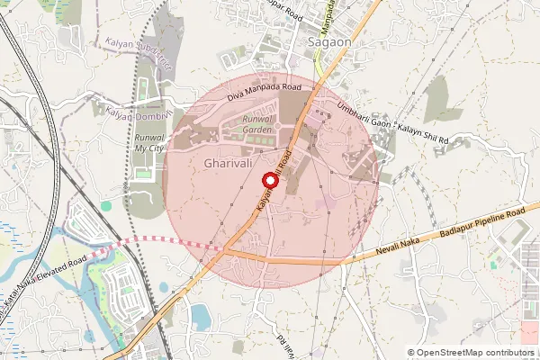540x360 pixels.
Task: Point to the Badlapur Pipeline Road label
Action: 484,226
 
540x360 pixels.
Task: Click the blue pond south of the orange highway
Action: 200,316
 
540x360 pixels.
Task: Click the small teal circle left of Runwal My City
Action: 106,206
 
